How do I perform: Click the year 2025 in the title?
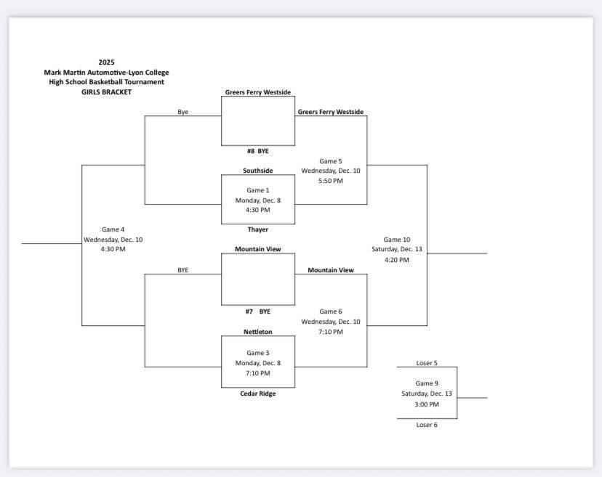click(106, 62)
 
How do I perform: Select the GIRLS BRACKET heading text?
click(106, 92)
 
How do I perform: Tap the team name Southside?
click(258, 171)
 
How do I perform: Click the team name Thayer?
click(258, 229)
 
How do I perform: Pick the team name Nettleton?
click(258, 332)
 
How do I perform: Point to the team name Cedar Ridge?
click(258, 394)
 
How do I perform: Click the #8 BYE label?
click(257, 151)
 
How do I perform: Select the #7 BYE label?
click(257, 311)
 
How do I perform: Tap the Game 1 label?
click(258, 190)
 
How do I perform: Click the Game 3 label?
click(258, 353)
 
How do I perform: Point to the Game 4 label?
click(113, 229)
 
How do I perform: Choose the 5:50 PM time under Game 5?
click(330, 181)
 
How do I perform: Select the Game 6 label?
click(330, 311)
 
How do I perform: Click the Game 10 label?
click(397, 240)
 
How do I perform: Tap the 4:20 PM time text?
click(397, 259)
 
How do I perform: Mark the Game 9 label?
click(427, 383)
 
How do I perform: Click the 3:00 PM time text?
click(427, 404)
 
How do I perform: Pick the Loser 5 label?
click(427, 363)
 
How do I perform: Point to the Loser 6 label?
click(427, 425)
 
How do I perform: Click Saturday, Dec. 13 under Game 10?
click(397, 250)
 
